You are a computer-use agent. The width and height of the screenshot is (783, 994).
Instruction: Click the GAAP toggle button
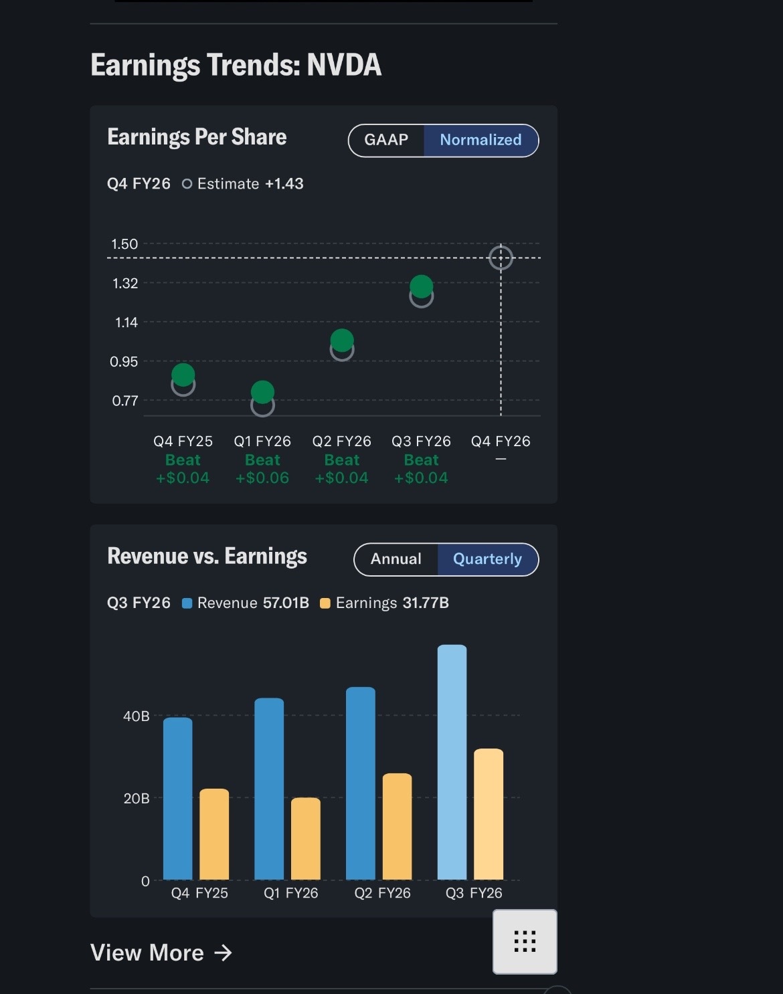(x=386, y=140)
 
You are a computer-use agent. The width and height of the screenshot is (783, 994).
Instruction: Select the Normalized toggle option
(x=481, y=140)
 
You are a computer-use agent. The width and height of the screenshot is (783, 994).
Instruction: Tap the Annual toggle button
(x=396, y=559)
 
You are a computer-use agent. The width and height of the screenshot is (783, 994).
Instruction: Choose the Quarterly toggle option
(x=487, y=559)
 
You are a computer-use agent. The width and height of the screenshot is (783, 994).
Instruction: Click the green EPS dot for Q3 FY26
(x=421, y=286)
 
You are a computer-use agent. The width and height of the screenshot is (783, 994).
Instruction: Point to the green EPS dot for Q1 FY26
(x=262, y=391)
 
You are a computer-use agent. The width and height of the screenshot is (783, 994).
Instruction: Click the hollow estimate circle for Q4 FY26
(x=501, y=258)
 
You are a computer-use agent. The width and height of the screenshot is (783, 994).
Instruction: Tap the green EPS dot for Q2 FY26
(x=342, y=339)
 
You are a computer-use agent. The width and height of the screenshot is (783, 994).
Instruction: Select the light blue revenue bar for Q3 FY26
(x=452, y=762)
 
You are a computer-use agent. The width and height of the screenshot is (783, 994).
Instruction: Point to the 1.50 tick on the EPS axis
(x=124, y=244)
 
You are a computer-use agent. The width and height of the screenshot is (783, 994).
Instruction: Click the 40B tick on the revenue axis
(x=136, y=716)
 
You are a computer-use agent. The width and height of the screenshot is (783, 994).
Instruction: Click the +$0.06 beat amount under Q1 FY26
(x=262, y=478)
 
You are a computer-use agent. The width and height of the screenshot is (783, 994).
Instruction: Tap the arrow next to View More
(x=223, y=953)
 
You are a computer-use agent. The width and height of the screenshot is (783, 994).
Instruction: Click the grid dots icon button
(x=525, y=941)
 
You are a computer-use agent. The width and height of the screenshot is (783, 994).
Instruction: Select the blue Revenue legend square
(x=187, y=603)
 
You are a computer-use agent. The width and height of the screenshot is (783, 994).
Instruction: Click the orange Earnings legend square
(x=325, y=603)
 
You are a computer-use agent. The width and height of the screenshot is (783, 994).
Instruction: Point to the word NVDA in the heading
(x=344, y=65)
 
